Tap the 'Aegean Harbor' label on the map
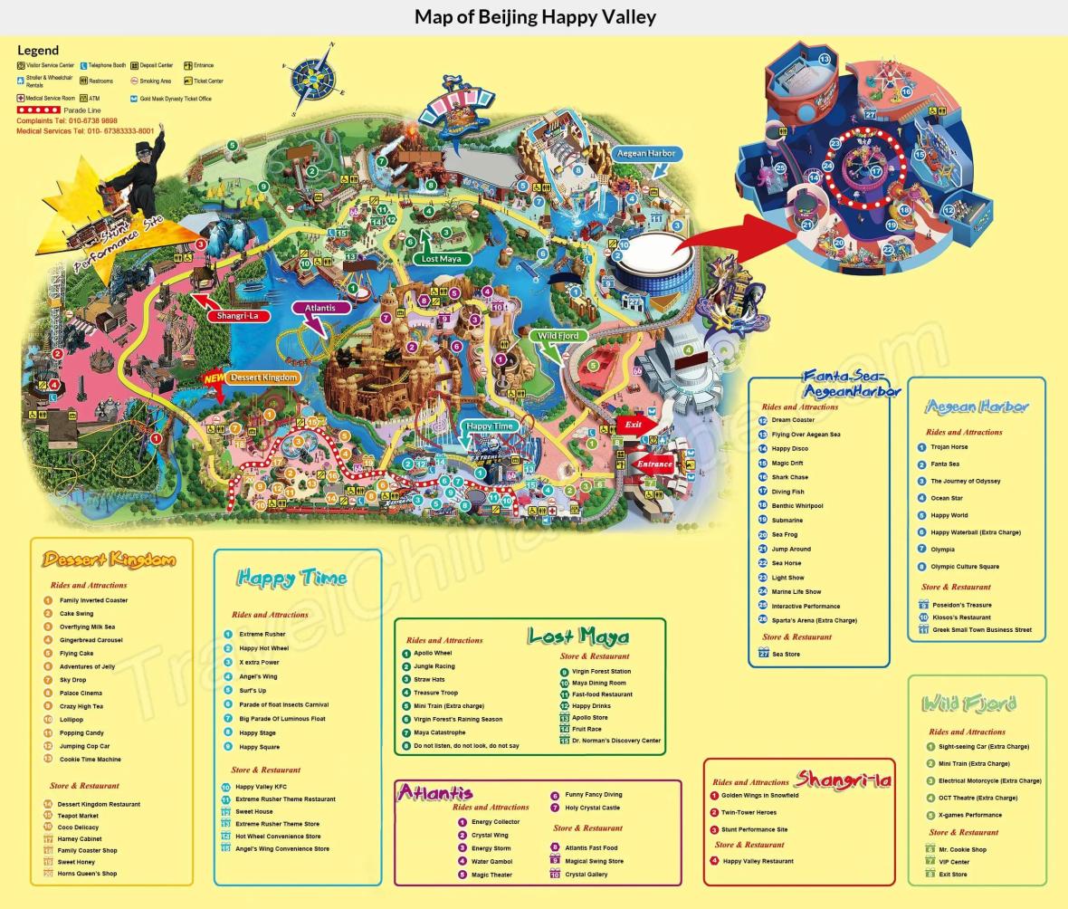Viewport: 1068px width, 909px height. [x=646, y=154]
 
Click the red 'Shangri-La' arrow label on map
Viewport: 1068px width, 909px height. [x=237, y=316]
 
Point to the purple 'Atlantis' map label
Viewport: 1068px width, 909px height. [x=320, y=308]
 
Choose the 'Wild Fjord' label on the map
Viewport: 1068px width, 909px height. [x=559, y=336]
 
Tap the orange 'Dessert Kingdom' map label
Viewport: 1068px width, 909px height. [x=263, y=378]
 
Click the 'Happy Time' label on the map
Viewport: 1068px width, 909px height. [x=491, y=426]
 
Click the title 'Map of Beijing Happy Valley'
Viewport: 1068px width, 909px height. [x=534, y=17]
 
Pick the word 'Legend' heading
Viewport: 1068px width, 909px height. [x=38, y=51]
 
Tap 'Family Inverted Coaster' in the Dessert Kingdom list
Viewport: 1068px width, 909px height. [x=93, y=600]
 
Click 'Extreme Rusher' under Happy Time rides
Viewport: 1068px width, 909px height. [x=262, y=635]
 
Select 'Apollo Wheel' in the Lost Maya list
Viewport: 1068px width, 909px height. [x=433, y=653]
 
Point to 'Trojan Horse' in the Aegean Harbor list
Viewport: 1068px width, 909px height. [x=949, y=447]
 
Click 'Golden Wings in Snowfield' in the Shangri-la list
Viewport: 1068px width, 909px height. [x=759, y=796]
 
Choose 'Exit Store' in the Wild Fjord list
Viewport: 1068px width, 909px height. [x=953, y=875]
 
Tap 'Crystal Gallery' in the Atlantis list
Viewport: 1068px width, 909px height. [x=586, y=875]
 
